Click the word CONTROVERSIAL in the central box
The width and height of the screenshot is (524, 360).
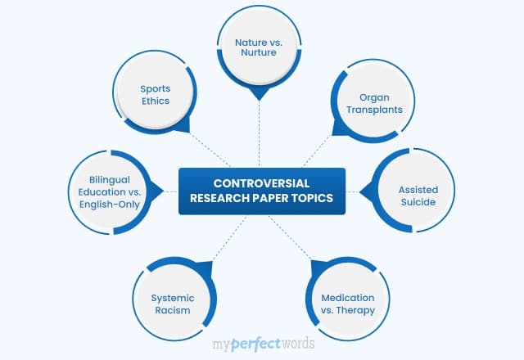pos(262,183)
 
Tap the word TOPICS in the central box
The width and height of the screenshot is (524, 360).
pos(310,198)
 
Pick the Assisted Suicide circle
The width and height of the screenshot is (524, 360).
pos(418,196)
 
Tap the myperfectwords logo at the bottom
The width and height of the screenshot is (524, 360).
pos(262,342)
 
